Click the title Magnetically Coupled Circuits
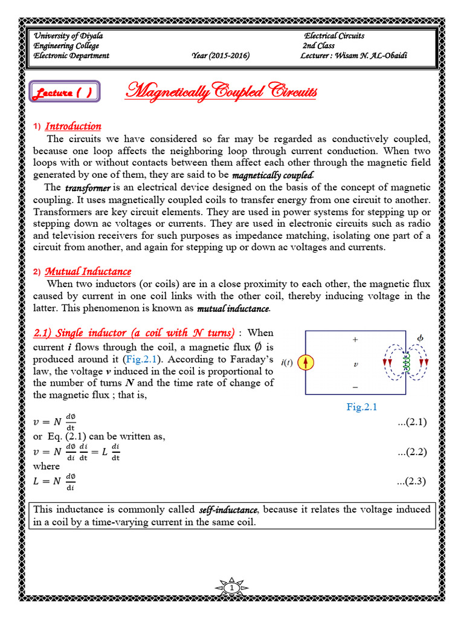pos(221,92)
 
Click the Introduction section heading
pos(73,126)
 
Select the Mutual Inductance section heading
pos(88,271)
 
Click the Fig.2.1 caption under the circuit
pos(361,407)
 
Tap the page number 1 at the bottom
pos(232,588)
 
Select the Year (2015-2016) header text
pos(220,56)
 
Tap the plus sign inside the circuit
pos(355,340)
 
